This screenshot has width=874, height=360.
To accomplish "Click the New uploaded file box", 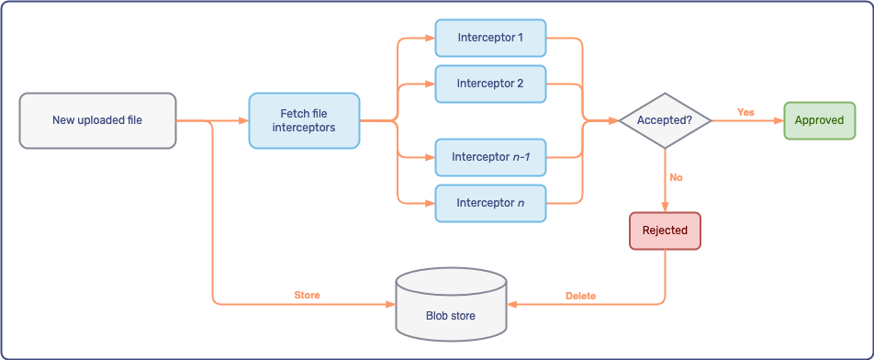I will point(97,120).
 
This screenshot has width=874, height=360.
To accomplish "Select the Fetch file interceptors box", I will point(304,120).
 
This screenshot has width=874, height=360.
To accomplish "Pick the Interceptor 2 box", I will point(490,84).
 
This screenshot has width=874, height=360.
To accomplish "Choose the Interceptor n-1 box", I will point(490,157).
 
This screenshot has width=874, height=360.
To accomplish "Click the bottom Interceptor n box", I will point(490,202).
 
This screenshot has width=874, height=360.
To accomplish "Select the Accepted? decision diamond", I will point(664,120).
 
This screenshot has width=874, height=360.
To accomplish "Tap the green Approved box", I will point(819,120).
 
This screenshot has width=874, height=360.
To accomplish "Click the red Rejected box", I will point(665,231).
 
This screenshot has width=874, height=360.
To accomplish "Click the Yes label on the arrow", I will point(745,112).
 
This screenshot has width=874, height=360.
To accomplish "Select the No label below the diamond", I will point(676,177).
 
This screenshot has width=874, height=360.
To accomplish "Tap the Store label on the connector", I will point(307,296).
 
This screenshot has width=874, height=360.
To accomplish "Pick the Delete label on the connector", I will point(580,296).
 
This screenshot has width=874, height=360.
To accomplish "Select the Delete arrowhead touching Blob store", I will point(512,304).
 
